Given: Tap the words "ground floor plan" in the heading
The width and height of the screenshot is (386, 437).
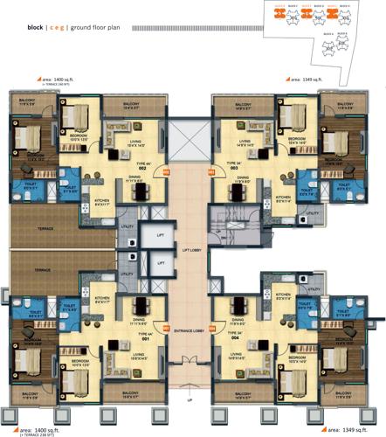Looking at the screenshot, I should click(x=107, y=27).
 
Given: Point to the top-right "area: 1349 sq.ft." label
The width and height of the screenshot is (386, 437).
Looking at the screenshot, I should click(x=302, y=79).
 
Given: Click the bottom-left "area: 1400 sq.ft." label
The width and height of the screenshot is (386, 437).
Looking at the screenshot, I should click(x=34, y=429).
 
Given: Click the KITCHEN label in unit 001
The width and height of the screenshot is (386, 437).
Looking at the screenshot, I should click(x=102, y=298).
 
